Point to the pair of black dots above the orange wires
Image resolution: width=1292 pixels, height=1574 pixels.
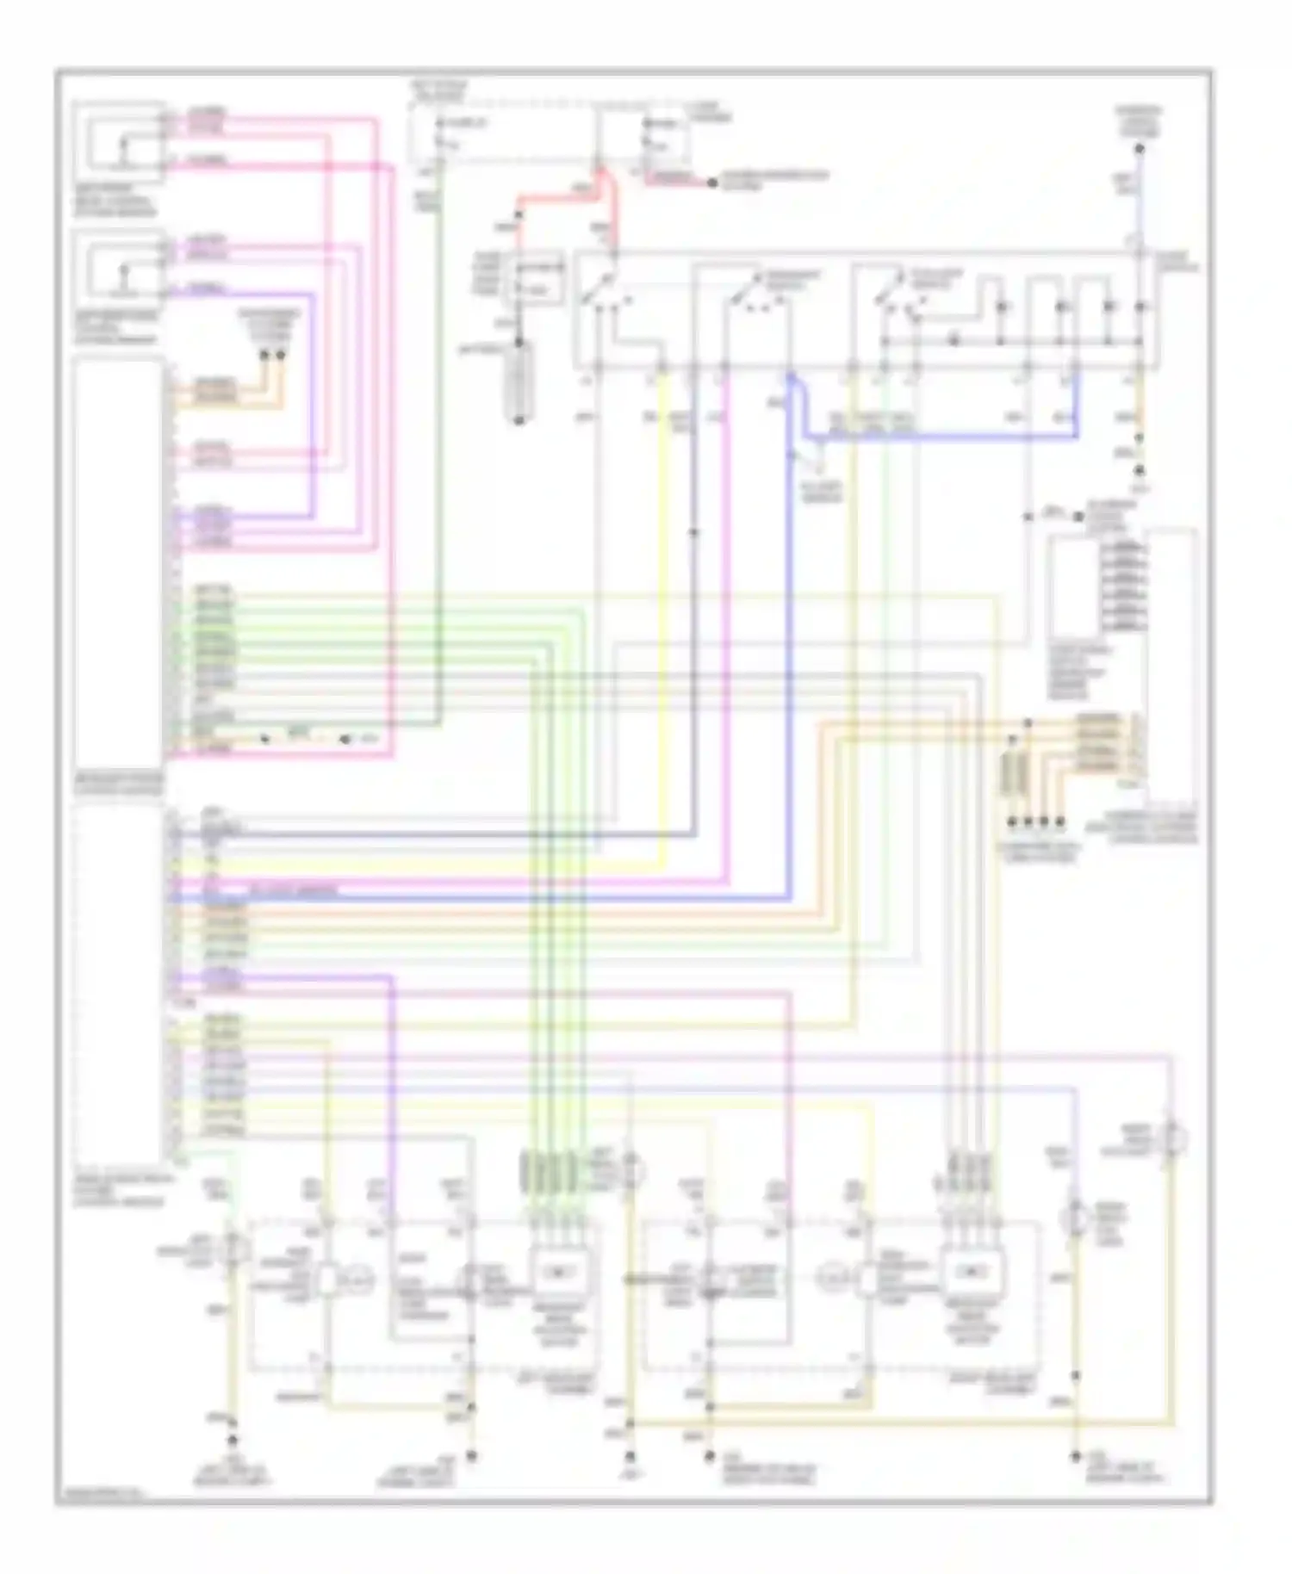click(272, 354)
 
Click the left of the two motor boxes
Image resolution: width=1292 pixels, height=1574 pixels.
click(560, 1271)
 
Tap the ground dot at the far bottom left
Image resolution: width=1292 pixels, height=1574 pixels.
click(231, 1438)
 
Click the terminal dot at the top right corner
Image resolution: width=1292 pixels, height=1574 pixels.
click(1140, 149)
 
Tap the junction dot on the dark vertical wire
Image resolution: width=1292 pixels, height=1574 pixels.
click(694, 533)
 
